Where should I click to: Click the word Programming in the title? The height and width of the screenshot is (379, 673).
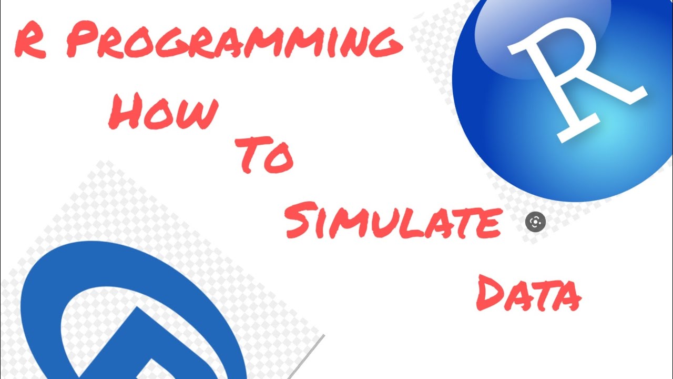click(234, 42)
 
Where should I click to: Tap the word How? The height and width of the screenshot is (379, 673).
click(163, 112)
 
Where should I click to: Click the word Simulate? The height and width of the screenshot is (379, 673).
click(392, 221)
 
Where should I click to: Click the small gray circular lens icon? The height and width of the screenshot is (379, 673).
click(535, 222)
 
